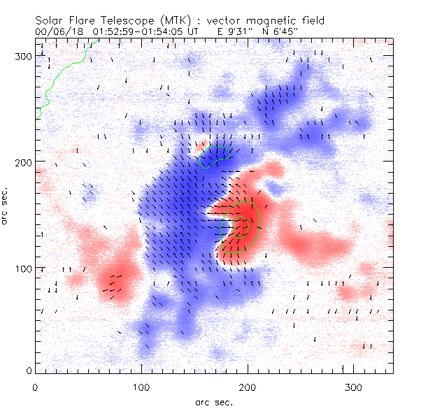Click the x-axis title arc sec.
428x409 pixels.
point(213,401)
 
